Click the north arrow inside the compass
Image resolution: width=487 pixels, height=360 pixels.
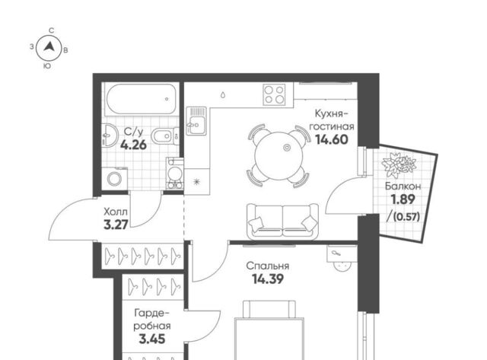tap(49, 47)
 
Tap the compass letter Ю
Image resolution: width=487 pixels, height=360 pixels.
tap(47, 66)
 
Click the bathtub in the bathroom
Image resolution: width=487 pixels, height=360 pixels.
tap(141, 100)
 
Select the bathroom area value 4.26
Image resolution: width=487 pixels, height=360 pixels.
tap(134, 145)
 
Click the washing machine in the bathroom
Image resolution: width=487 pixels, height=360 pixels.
tap(115, 178)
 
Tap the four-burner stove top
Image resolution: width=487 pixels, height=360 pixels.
tap(274, 94)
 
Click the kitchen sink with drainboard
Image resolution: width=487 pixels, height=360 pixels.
tap(196, 121)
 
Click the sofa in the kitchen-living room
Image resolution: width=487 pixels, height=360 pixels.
tap(282, 221)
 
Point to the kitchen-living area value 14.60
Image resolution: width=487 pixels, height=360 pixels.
tap(332, 140)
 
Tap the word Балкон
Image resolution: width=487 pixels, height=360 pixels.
tap(403, 186)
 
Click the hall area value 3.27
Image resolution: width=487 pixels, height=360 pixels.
tap(116, 225)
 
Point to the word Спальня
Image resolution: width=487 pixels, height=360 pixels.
tap(267, 266)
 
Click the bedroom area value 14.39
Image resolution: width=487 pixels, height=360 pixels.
tap(268, 279)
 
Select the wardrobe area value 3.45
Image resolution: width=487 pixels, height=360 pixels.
tap(152, 339)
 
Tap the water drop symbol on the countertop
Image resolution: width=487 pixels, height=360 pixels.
tap(223, 94)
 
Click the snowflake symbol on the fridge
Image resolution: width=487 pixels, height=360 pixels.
tap(196, 181)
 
